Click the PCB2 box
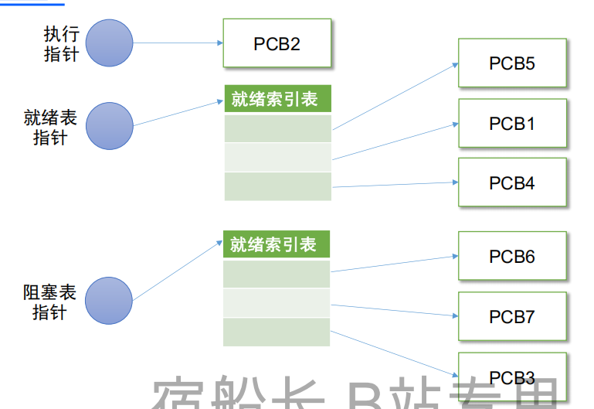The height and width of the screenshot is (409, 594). (277, 43)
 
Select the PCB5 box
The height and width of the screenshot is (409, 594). (511, 63)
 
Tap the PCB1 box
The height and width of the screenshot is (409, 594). (511, 123)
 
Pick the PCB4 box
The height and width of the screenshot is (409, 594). (511, 182)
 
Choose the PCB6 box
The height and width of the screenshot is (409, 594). (511, 256)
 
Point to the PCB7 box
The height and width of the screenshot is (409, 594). (511, 316)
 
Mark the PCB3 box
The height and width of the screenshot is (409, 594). (511, 377)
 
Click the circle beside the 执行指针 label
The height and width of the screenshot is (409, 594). (109, 43)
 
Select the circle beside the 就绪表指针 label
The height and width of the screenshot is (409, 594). (109, 126)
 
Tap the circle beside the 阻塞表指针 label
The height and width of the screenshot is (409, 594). (109, 302)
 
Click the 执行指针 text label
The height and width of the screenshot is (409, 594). (61, 44)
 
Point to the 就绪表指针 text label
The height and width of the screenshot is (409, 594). (50, 128)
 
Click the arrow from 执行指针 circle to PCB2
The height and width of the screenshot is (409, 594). (178, 43)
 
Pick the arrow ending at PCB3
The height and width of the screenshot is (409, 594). (394, 355)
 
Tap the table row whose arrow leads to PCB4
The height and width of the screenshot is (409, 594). (278, 186)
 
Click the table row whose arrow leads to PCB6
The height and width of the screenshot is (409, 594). (277, 274)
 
